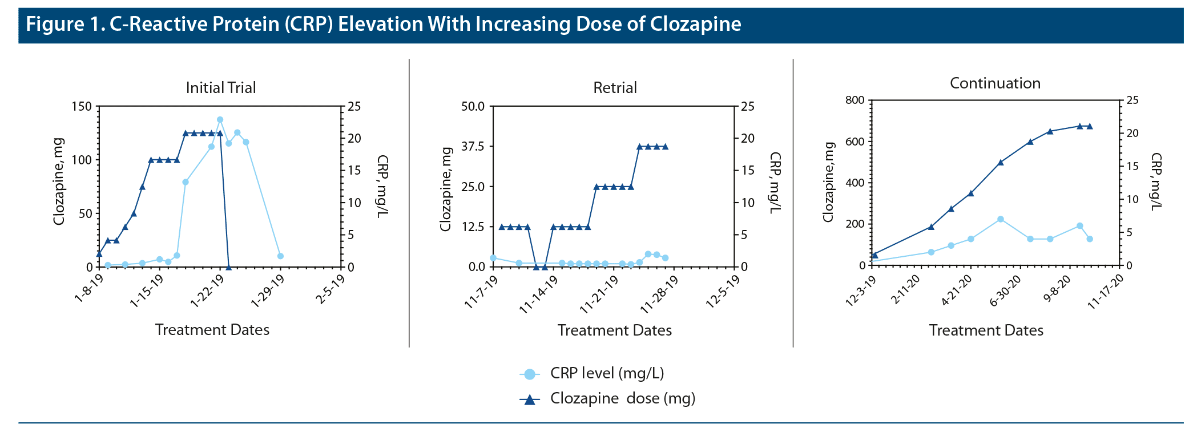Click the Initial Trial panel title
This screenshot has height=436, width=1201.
pyautogui.click(x=221, y=88)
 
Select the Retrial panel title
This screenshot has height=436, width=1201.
pyautogui.click(x=615, y=88)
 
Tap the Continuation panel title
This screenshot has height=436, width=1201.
pyautogui.click(x=995, y=83)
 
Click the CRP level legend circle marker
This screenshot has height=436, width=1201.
pyautogui.click(x=529, y=374)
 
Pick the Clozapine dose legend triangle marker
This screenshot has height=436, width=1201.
pyautogui.click(x=529, y=399)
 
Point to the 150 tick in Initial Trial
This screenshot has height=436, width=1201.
pyautogui.click(x=81, y=107)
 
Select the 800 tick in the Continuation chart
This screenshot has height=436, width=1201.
pyautogui.click(x=855, y=100)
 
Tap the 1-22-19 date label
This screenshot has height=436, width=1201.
pyautogui.click(x=207, y=292)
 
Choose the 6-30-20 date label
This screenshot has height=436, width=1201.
pyautogui.click(x=1005, y=292)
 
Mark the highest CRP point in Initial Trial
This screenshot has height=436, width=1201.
pyautogui.click(x=220, y=120)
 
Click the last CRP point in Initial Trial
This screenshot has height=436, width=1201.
pyautogui.click(x=280, y=256)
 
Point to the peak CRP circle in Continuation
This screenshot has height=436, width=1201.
pyautogui.click(x=1001, y=219)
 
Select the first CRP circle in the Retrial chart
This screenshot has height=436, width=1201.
pyautogui.click(x=493, y=258)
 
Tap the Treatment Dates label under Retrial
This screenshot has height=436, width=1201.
pyautogui.click(x=614, y=330)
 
